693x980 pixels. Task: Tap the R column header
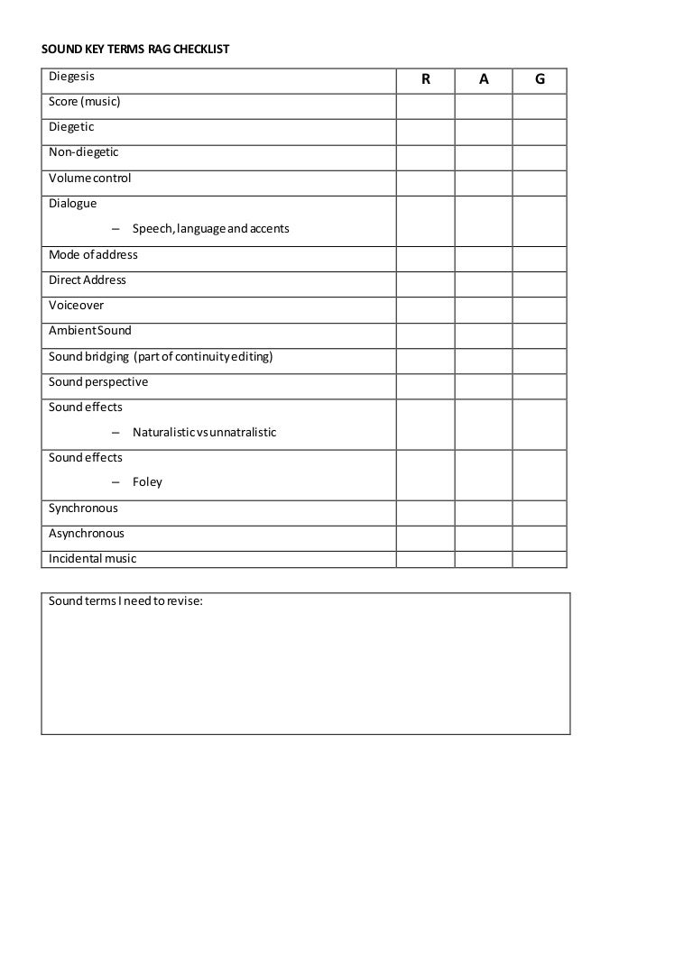pos(425,79)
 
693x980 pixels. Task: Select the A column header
pos(484,79)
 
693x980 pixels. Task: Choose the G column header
pos(540,79)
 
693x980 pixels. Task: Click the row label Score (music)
pos(84,102)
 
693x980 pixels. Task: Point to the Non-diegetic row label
pos(83,152)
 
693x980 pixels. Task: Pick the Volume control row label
pos(89,178)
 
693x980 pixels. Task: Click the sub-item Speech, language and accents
pos(210,229)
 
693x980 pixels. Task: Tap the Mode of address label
pos(93,254)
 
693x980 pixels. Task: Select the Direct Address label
pos(88,279)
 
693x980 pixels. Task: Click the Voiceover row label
pos(76,306)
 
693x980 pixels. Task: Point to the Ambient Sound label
pos(89,331)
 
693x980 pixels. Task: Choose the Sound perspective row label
pos(98,381)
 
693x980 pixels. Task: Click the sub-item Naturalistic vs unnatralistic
pos(204,432)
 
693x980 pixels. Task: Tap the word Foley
pos(147,481)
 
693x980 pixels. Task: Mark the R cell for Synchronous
pos(425,508)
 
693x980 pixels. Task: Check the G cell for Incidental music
pos(540,559)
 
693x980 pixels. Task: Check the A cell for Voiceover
pos(484,306)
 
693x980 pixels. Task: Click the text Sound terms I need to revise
pos(125,600)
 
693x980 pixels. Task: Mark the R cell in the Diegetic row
pos(425,127)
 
